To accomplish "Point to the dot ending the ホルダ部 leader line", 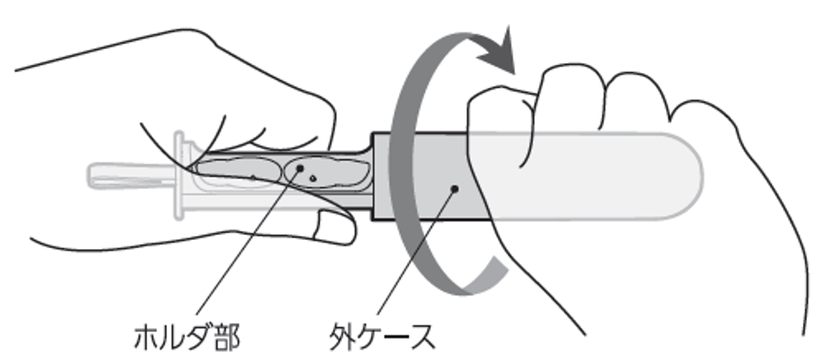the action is [x=298, y=168].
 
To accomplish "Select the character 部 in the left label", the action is [x=226, y=336].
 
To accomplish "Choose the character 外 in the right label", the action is [x=341, y=336].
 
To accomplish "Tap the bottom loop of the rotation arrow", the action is [x=464, y=286].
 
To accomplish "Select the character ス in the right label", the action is [x=419, y=336].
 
